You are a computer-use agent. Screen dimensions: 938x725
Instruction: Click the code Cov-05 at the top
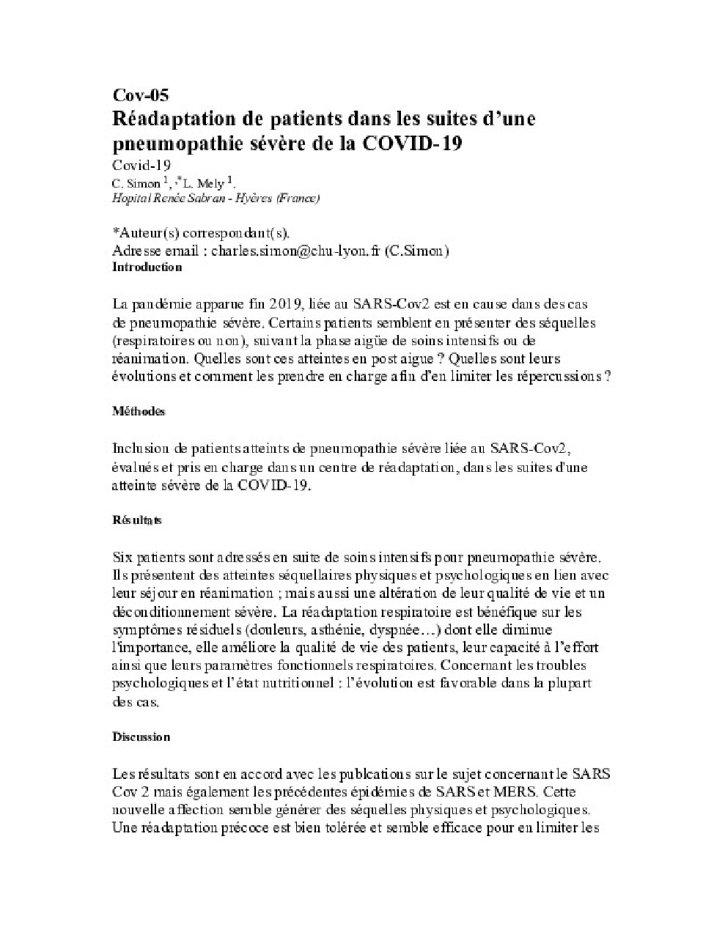coord(140,95)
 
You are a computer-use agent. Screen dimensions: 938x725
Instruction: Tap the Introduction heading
coord(147,267)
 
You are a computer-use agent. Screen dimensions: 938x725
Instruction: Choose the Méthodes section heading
coord(139,411)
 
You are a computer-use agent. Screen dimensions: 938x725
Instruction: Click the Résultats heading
coord(137,520)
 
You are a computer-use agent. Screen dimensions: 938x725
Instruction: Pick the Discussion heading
coord(141,736)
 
